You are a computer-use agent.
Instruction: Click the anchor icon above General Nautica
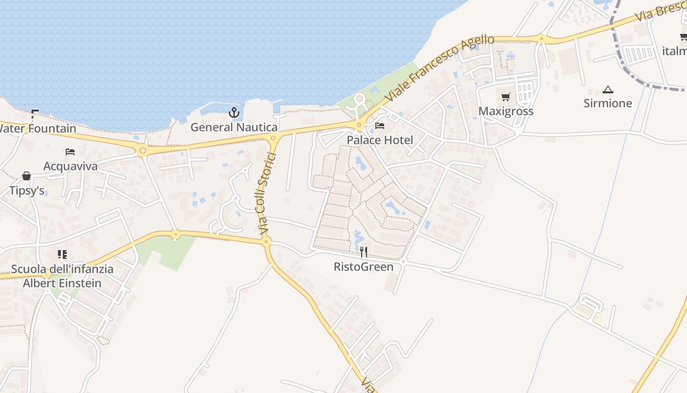(234, 113)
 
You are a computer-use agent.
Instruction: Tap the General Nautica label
(234, 127)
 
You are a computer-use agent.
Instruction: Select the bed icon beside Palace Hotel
(380, 126)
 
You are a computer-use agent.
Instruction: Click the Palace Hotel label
(380, 140)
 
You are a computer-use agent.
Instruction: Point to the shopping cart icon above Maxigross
(506, 97)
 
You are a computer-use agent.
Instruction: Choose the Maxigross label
(506, 111)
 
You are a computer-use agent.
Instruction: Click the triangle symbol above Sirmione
(608, 89)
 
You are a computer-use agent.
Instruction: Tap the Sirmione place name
(608, 103)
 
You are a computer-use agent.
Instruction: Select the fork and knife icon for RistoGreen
(364, 252)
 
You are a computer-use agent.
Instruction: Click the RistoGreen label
(364, 267)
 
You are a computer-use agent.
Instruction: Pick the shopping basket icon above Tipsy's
(26, 176)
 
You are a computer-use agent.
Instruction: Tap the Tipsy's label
(26, 190)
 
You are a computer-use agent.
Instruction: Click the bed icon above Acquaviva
(70, 152)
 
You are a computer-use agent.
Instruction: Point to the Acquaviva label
(70, 166)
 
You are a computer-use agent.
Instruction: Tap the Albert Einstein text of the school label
(62, 283)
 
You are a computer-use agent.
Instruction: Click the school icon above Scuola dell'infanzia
(62, 254)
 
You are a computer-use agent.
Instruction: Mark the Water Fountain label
(37, 129)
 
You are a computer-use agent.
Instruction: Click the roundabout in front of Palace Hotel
(359, 125)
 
